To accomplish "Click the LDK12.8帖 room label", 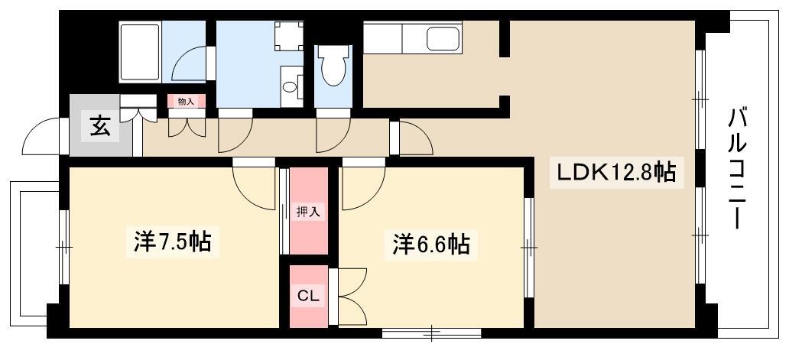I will pos(615,173).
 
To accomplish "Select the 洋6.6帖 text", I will pos(431,245).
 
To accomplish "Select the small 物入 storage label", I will pos(187,101).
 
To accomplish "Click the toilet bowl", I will pos(333,69).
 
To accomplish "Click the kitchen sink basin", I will pos(441,38).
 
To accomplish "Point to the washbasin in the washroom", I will pos(291,86).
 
